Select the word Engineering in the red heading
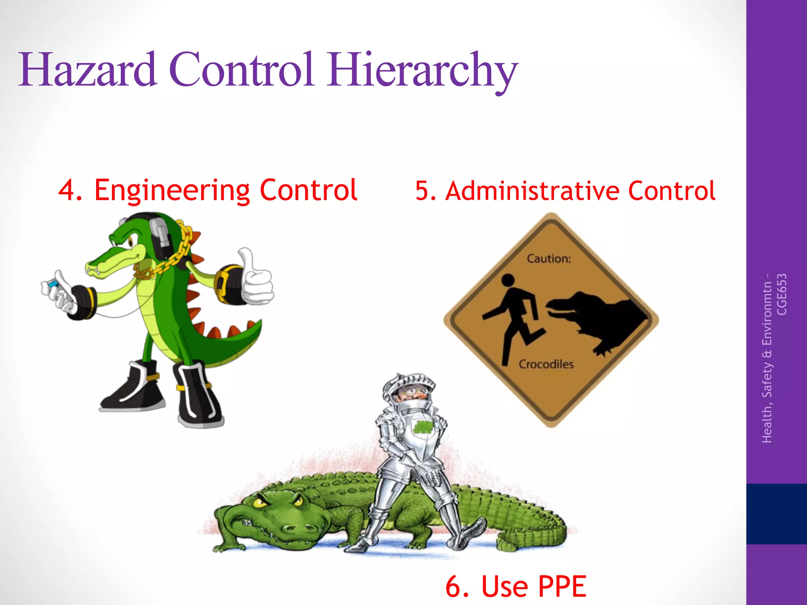coord(172,191)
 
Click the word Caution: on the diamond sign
coord(549,259)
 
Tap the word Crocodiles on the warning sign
coord(546,364)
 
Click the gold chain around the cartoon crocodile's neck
coord(173,256)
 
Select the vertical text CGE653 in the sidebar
coord(781,294)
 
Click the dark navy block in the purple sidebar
coord(776,514)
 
